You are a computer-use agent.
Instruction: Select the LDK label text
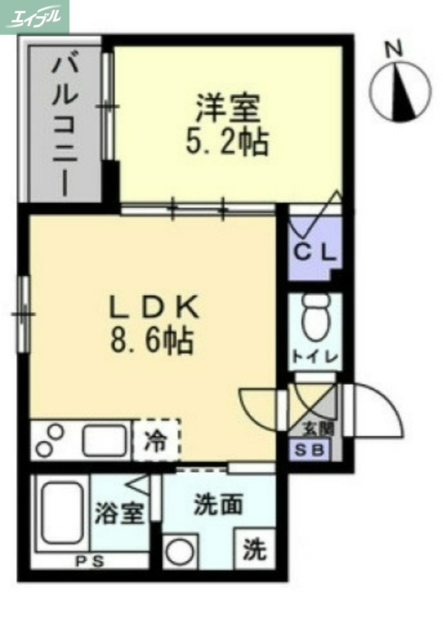(x=154, y=308)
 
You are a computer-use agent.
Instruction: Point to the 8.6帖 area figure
(x=154, y=341)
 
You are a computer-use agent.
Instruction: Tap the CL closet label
(x=313, y=251)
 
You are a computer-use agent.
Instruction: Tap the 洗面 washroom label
(x=218, y=504)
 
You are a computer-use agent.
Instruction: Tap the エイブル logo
(x=36, y=16)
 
